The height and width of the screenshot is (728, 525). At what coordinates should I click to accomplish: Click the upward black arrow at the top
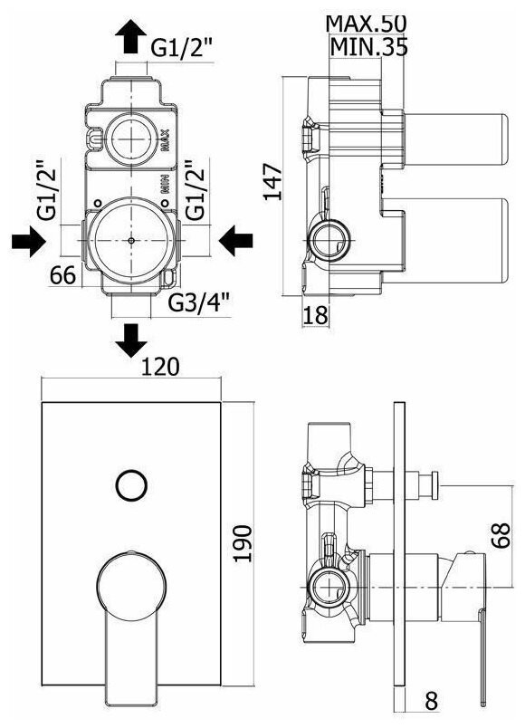point(131,35)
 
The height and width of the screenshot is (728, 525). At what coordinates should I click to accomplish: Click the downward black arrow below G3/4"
point(131,340)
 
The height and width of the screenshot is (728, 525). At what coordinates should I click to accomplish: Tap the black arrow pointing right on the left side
point(29,241)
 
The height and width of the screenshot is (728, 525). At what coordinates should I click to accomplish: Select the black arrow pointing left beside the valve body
point(235,241)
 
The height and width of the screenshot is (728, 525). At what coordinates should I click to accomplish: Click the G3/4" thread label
point(199,303)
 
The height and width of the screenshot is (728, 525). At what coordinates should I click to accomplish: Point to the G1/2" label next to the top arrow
point(182,46)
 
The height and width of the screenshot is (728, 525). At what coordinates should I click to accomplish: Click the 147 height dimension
point(273,181)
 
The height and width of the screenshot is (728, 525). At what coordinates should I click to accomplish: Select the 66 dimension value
point(62,275)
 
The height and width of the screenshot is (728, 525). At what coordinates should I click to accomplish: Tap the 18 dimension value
point(315,315)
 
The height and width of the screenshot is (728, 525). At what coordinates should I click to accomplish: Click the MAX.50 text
point(366,24)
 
